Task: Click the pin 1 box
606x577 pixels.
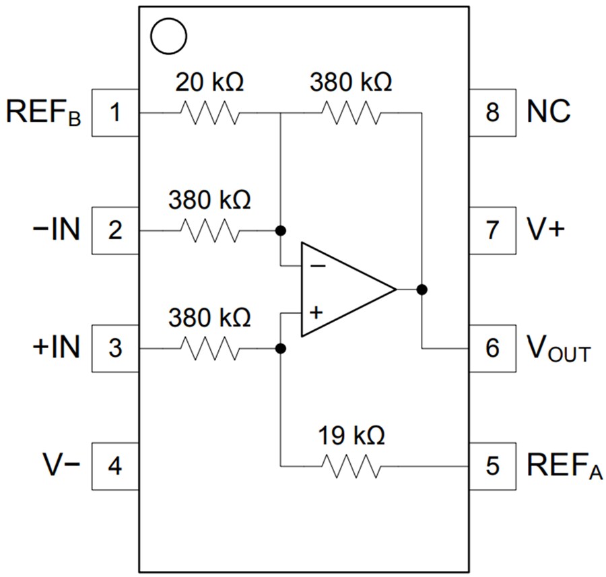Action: pyautogui.click(x=115, y=112)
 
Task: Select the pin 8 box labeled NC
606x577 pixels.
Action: pyautogui.click(x=492, y=112)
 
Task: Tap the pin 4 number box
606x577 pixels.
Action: pyautogui.click(x=115, y=466)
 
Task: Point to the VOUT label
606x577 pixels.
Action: pyautogui.click(x=557, y=349)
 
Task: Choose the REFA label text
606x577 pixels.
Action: pyautogui.click(x=561, y=466)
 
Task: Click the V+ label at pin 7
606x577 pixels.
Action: pyautogui.click(x=546, y=230)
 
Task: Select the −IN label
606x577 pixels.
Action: pyautogui.click(x=56, y=231)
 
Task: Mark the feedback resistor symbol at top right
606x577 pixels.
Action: pyautogui.click(x=351, y=112)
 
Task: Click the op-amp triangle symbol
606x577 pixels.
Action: pyautogui.click(x=343, y=290)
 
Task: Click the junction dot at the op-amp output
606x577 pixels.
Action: pyautogui.click(x=422, y=290)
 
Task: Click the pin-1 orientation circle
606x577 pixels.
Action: pyautogui.click(x=167, y=36)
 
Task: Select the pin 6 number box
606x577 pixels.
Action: pyautogui.click(x=492, y=349)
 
